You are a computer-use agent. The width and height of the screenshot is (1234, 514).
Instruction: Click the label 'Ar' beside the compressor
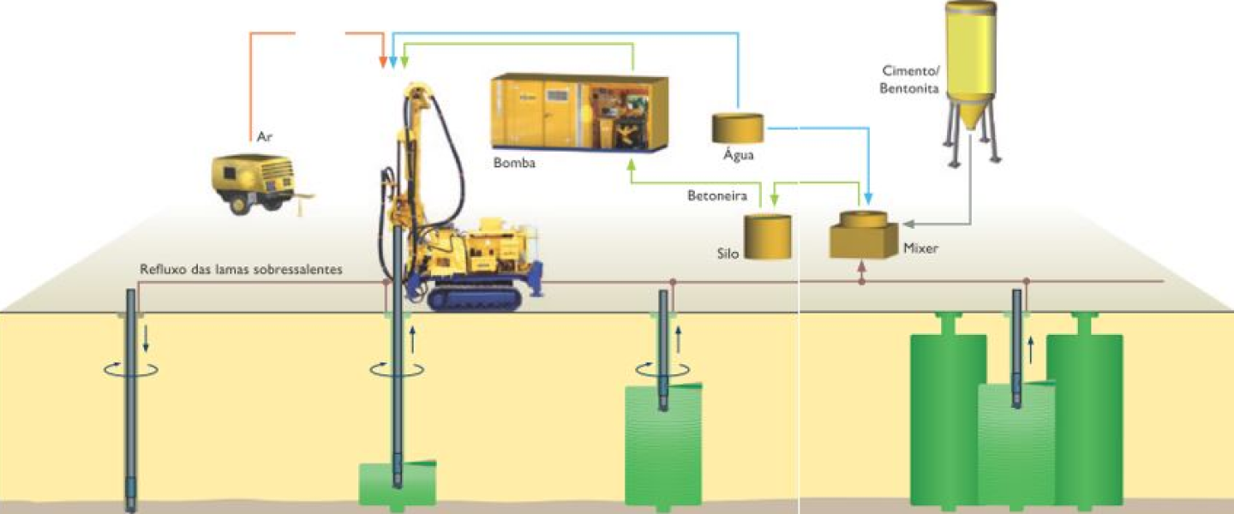(x=264, y=136)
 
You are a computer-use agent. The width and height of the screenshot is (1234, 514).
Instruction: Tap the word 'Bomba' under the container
(x=514, y=162)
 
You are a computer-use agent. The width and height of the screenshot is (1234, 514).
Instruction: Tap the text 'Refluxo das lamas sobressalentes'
(x=241, y=269)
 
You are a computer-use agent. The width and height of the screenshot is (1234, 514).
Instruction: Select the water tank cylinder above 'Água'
(x=739, y=128)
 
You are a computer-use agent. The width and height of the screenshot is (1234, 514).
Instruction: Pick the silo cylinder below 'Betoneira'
(x=767, y=236)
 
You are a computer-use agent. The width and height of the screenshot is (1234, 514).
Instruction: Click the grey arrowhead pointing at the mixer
(x=908, y=224)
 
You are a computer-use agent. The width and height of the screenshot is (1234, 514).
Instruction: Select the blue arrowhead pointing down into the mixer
(x=868, y=201)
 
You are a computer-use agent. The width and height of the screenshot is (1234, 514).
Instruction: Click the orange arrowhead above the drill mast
(x=383, y=63)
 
